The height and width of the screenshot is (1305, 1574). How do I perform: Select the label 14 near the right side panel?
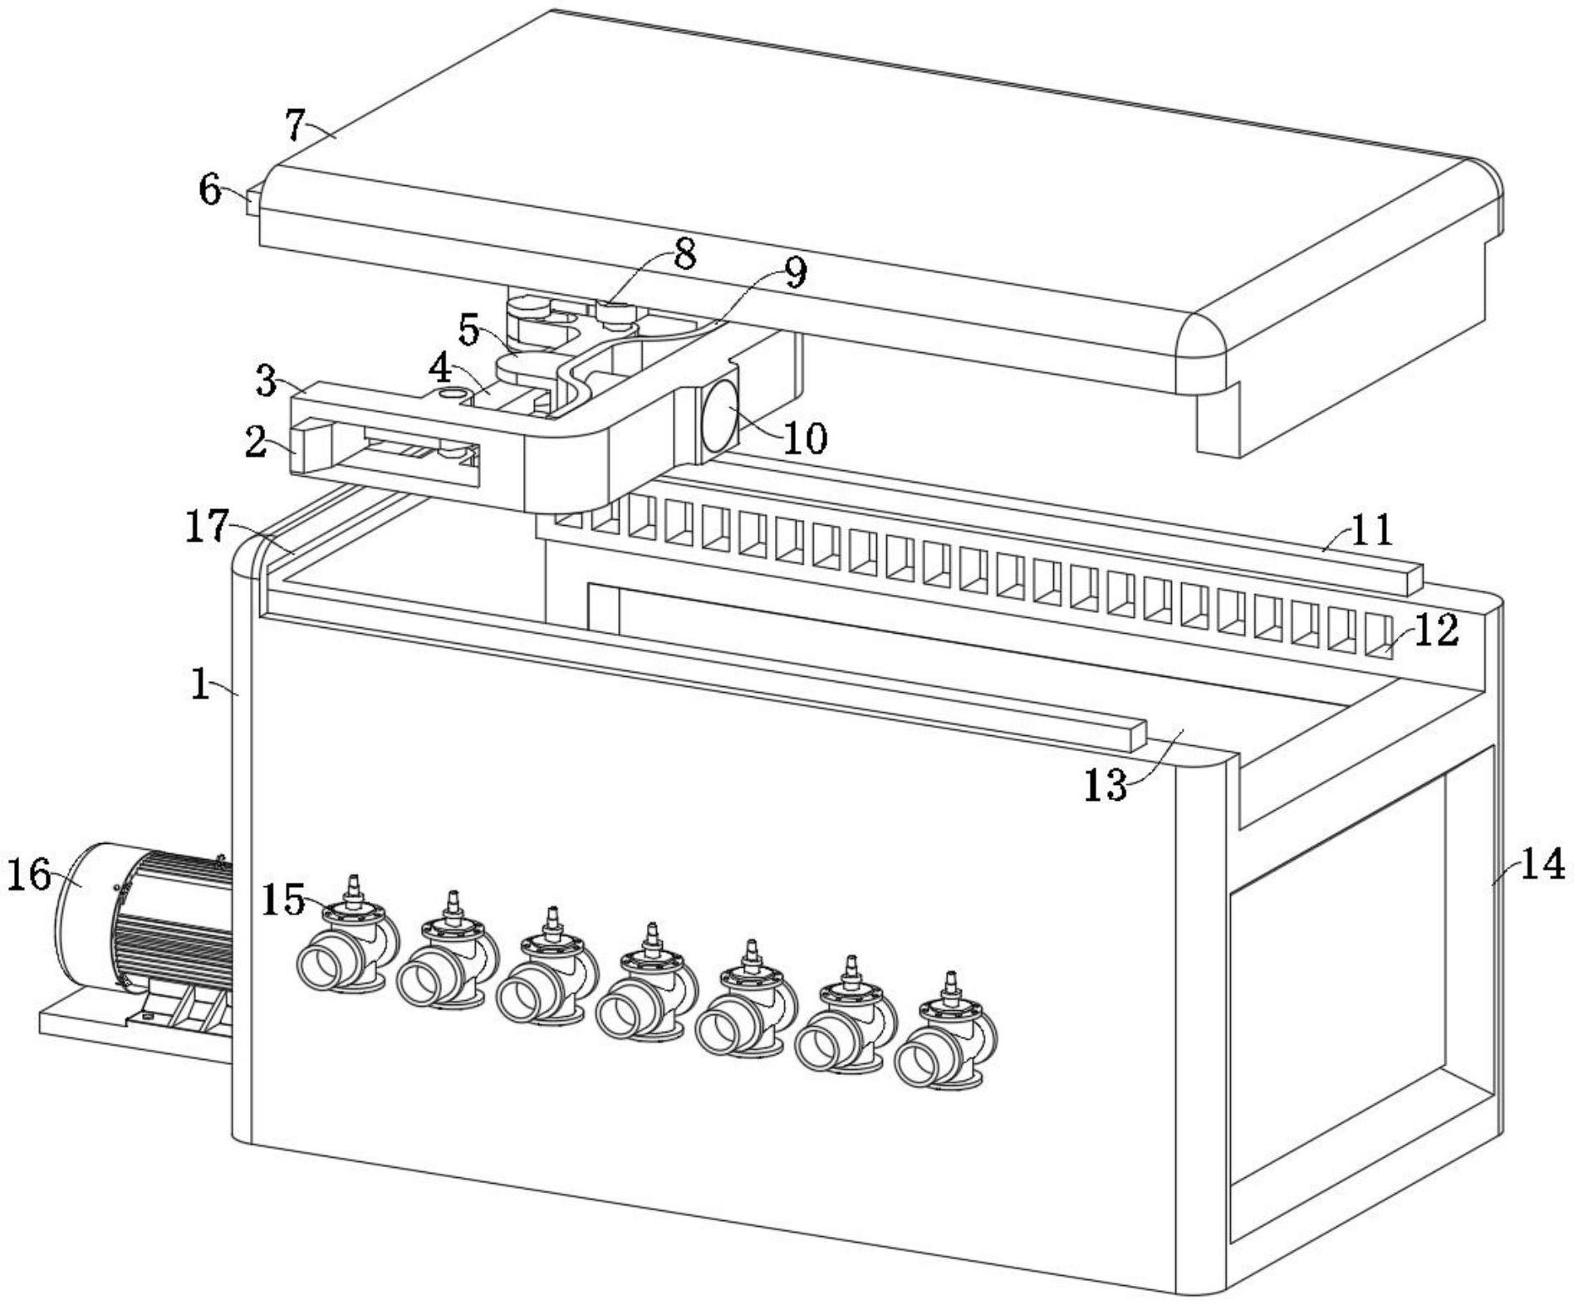tap(1542, 865)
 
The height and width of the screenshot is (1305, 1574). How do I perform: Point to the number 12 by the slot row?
tap(1435, 630)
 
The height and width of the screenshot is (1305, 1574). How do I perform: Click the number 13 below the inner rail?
tap(1106, 783)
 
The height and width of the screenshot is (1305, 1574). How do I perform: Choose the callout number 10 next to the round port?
tap(804, 436)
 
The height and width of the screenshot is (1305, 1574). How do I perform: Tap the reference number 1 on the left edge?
tap(200, 684)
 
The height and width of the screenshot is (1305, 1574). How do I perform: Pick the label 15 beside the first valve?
tap(283, 899)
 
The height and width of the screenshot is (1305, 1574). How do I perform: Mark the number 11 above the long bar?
tap(1371, 528)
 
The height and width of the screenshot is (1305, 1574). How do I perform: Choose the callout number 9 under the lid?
tap(794, 273)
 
